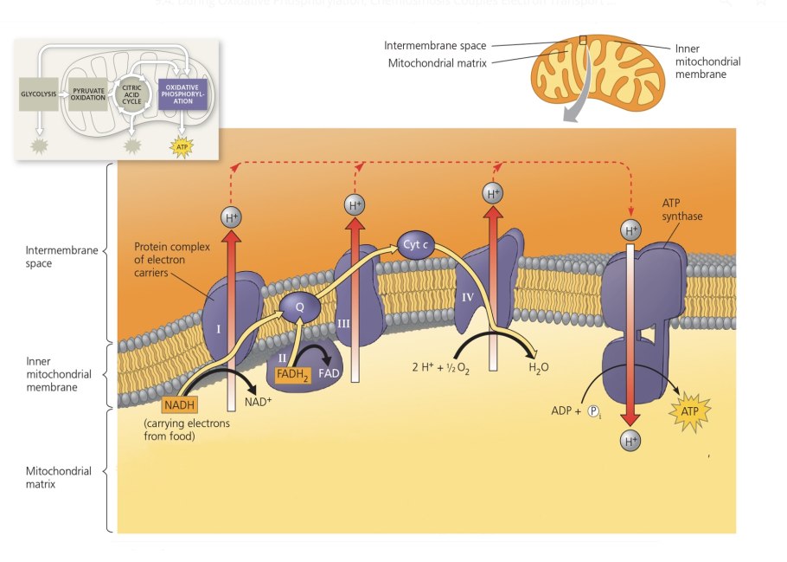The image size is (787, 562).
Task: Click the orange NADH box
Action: click(x=180, y=404)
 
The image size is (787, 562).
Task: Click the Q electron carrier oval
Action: click(x=300, y=305)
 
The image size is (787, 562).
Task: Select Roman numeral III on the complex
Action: click(x=343, y=323)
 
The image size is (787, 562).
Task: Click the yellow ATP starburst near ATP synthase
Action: click(x=690, y=410)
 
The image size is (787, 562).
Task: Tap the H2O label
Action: click(x=539, y=367)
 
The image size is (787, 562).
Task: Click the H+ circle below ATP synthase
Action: click(x=631, y=441)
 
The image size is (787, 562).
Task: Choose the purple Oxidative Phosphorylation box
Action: click(x=182, y=93)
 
